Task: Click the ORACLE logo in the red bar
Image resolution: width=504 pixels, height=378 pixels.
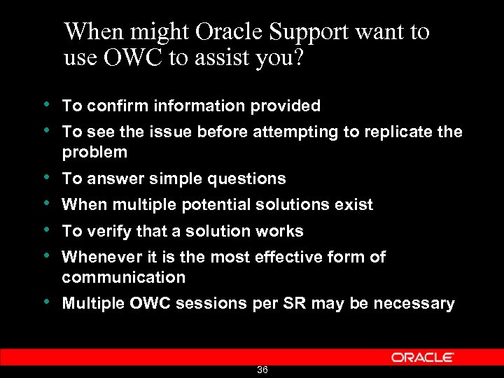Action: coord(422,357)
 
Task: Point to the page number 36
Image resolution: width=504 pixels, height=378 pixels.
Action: coord(262,370)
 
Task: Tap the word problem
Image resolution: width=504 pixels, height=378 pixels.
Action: coord(94,152)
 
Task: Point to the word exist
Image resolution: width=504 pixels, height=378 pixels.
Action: coord(355,204)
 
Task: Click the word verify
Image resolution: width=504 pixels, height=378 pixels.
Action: coord(106,231)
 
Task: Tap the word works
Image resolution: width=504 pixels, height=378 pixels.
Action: coord(281,231)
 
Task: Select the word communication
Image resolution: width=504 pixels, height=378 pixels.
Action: coord(124,277)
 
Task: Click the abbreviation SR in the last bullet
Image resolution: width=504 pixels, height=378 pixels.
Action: coord(296,303)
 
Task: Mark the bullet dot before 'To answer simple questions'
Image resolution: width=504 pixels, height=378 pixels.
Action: coord(45,178)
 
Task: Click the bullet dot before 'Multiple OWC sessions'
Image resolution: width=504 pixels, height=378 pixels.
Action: coord(45,302)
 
